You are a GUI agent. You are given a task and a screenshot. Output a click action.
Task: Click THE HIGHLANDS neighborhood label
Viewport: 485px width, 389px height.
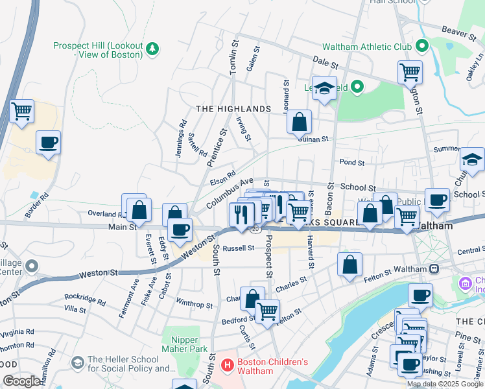pyautogui.click(x=233, y=109)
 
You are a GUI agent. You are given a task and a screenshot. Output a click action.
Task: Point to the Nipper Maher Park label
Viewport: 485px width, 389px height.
pyautogui.click(x=193, y=344)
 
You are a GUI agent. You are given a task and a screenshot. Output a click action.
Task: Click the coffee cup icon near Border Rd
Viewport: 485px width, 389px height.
pyautogui.click(x=48, y=142)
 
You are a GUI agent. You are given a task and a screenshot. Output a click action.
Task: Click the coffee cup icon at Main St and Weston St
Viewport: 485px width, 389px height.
pyautogui.click(x=180, y=229)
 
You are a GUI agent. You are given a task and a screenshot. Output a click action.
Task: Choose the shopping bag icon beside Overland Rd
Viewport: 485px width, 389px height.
pyautogui.click(x=139, y=209)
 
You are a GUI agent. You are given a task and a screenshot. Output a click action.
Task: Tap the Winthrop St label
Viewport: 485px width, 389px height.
pyautogui.click(x=194, y=304)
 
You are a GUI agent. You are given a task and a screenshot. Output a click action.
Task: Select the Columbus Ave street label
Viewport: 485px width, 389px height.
pyautogui.click(x=230, y=194)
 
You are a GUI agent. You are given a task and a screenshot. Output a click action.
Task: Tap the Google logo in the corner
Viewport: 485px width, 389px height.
pyautogui.click(x=21, y=381)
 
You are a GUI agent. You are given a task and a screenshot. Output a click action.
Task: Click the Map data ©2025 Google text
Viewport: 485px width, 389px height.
pyautogui.click(x=445, y=384)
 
